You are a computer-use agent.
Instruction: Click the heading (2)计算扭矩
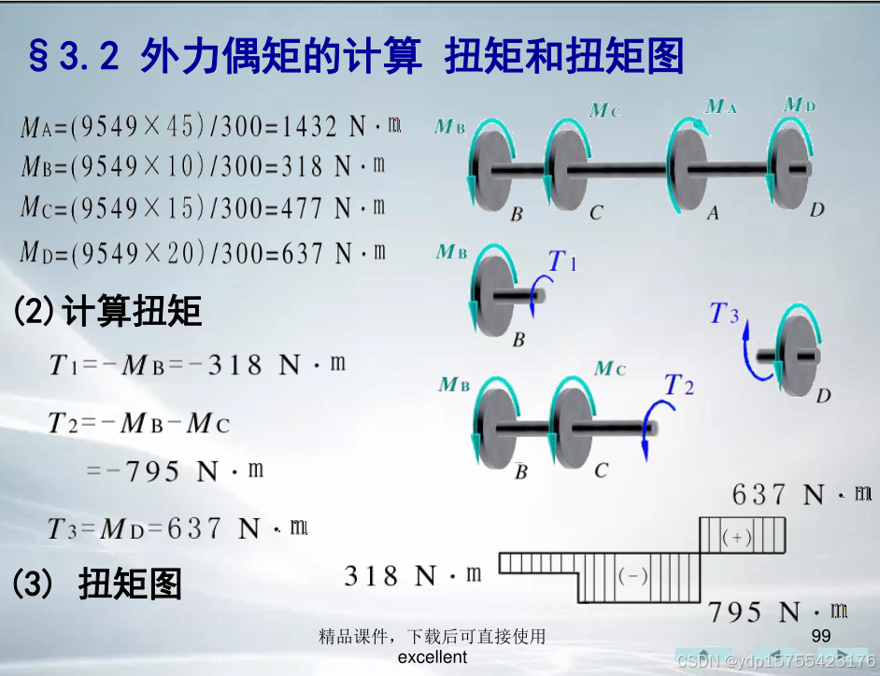click(106, 311)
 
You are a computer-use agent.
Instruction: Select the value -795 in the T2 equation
click(142, 472)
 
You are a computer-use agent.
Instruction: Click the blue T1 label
click(562, 261)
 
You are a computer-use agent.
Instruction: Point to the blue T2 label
click(679, 385)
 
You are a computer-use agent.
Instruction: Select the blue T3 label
click(724, 314)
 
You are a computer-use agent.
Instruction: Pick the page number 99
click(821, 636)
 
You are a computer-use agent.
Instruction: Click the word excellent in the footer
click(432, 656)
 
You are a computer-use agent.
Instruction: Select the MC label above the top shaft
click(604, 111)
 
